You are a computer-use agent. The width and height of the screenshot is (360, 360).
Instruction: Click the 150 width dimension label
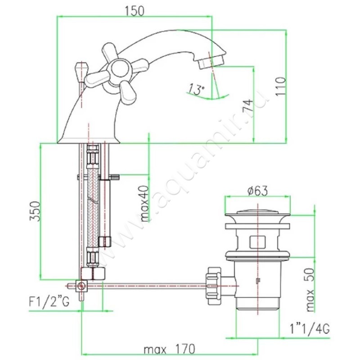135,11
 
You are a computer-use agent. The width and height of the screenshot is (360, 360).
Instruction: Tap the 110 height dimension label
280,86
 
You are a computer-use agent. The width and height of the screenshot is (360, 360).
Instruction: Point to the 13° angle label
197,90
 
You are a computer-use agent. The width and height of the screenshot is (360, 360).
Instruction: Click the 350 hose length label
36,211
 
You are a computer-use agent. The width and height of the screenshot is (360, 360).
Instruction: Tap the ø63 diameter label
257,191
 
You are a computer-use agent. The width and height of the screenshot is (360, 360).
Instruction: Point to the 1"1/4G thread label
310,329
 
